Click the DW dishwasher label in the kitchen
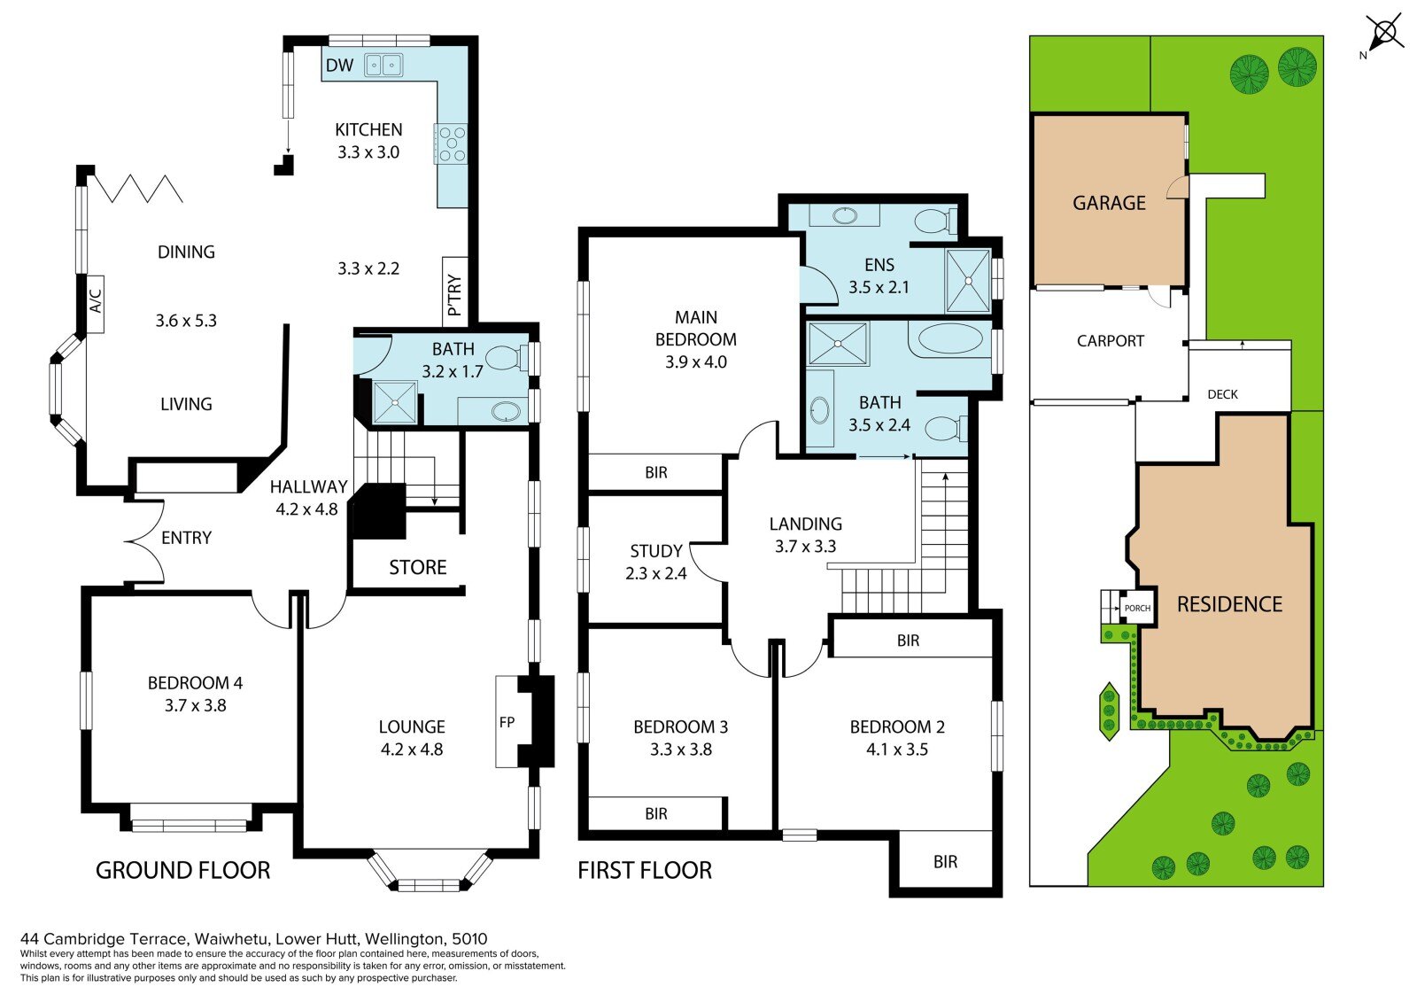[x=340, y=66]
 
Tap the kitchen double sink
[x=383, y=65]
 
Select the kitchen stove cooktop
[x=452, y=144]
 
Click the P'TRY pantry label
[x=454, y=295]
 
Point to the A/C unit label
[x=96, y=301]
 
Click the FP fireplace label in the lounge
[x=507, y=722]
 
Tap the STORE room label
[x=417, y=567]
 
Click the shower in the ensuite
[x=968, y=281]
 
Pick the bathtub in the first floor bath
[x=950, y=340]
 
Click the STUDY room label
[x=656, y=551]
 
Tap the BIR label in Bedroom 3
[x=656, y=814]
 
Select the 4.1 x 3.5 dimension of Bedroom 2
[x=897, y=750]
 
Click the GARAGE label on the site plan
[x=1109, y=203]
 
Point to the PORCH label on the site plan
[x=1137, y=609]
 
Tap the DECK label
[x=1222, y=394]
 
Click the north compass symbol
[x=1384, y=33]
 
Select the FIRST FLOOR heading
[x=645, y=870]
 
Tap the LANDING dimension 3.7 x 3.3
[x=805, y=547]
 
